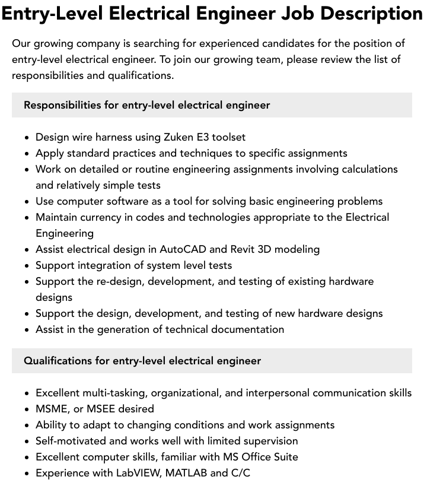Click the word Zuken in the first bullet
point(161,137)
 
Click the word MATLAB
point(186,473)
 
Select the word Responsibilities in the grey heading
point(62,105)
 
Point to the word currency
point(103,217)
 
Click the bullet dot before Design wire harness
point(27,138)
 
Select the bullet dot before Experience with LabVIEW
point(27,473)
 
